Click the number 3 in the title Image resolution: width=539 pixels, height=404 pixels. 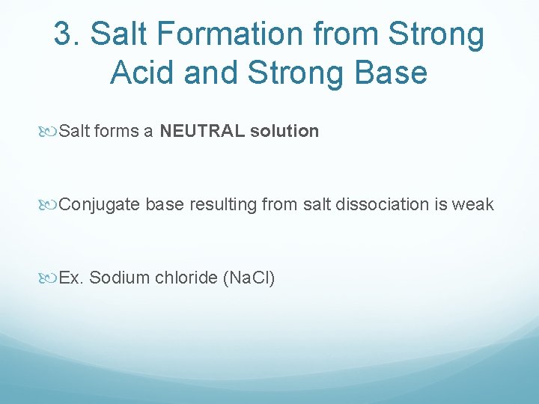tap(64, 35)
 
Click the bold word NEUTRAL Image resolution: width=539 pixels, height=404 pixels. tap(202, 132)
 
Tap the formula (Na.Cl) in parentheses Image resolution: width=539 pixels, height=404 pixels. tap(249, 278)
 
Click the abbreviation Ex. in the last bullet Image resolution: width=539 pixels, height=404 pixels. tap(72, 278)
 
